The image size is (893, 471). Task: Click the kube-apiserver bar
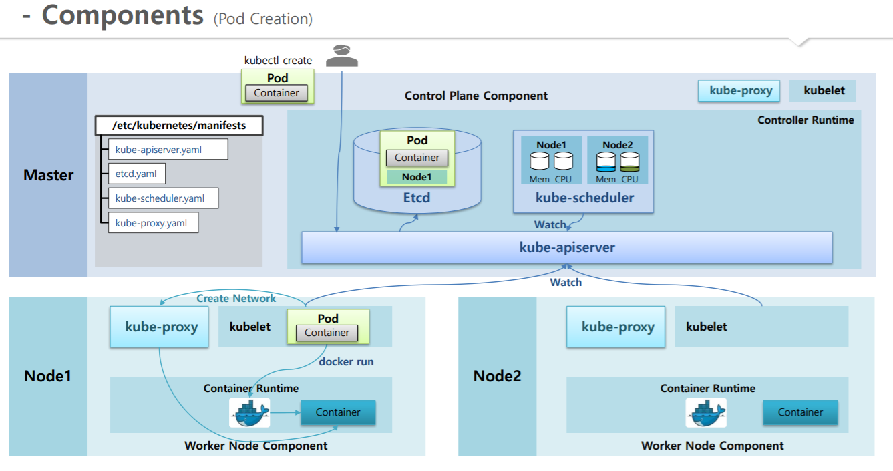(x=566, y=247)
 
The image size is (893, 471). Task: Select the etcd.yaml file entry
(x=136, y=174)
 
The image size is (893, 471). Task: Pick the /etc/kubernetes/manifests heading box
(x=178, y=126)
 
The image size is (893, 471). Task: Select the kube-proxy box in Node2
(x=616, y=327)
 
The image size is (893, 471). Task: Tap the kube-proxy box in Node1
(x=161, y=327)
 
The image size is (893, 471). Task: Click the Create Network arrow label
(x=236, y=299)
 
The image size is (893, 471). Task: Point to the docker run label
(x=346, y=362)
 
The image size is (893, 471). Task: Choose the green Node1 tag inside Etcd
(x=417, y=177)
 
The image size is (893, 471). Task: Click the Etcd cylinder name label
(x=416, y=198)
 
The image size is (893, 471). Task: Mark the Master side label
(x=48, y=175)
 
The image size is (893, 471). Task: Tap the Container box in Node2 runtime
(x=800, y=412)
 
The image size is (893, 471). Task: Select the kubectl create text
(x=278, y=61)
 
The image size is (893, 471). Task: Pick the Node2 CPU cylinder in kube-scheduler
(x=630, y=161)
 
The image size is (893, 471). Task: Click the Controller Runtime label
(x=806, y=120)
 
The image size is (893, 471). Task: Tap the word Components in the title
(x=122, y=16)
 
